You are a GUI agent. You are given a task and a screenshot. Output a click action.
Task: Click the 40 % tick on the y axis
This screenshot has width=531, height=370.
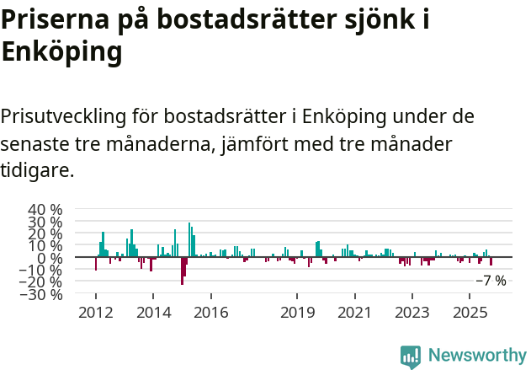[45, 209]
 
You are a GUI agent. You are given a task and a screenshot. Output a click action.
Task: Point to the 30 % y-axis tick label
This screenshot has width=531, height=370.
[45, 222]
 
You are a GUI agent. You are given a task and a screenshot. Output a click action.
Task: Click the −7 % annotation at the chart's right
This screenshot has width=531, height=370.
[491, 281]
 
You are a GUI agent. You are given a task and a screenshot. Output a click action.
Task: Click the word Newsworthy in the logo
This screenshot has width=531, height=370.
[477, 356]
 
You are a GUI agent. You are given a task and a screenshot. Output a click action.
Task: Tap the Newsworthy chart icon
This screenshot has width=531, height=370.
[411, 356]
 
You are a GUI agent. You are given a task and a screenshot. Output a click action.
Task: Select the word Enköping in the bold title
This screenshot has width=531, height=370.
[61, 52]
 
